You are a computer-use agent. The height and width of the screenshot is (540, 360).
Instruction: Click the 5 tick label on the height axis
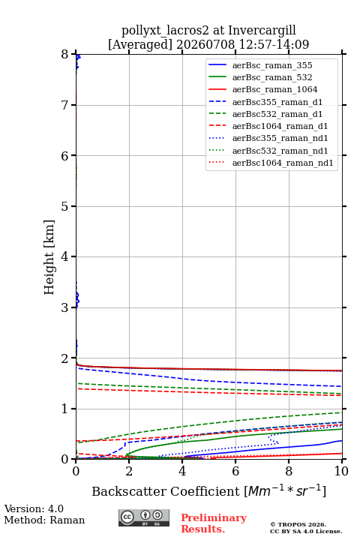pos(65,207)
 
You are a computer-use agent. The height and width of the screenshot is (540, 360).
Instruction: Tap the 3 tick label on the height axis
pos(65,307)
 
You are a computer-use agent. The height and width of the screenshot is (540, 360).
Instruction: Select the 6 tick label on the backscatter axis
pos(235,471)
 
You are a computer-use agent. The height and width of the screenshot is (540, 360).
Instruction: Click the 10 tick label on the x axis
pos(342,471)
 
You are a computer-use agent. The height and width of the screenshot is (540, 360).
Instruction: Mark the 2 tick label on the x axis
pos(129,471)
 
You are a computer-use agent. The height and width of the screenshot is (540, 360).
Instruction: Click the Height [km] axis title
pos(49,257)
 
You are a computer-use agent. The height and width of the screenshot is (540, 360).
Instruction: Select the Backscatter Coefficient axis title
pos(208,490)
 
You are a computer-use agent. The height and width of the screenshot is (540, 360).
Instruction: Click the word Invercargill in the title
pos(262,31)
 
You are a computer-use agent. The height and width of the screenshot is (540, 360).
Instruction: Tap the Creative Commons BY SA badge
pos(144,517)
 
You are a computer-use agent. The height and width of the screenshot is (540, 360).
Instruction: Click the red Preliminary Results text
pos(214,523)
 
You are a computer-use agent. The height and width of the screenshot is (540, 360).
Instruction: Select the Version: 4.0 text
pos(34,508)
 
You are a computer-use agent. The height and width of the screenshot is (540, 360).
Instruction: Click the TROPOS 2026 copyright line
pos(298,524)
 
